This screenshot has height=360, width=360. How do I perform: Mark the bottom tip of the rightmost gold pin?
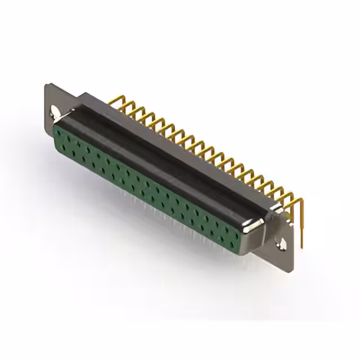pos(301,246)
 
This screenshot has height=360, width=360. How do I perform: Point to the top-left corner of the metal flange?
pos(47,85)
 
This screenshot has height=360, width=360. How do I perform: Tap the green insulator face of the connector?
pos(146,186)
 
